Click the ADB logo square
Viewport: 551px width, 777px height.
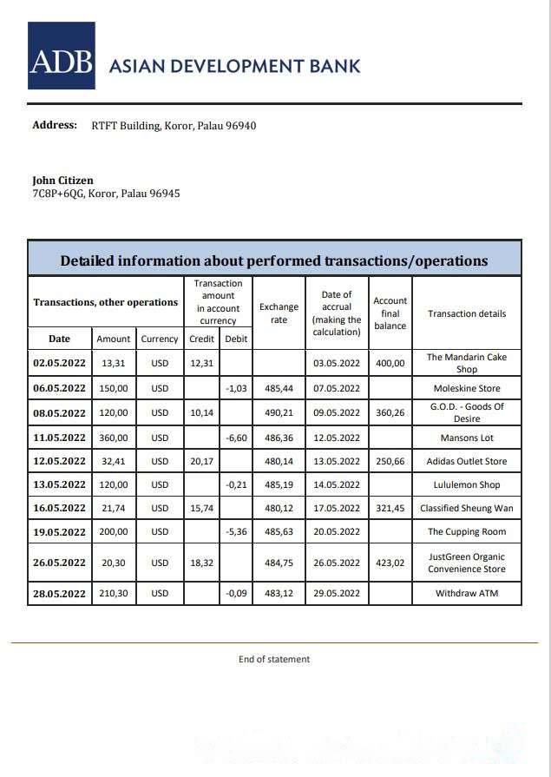click(61, 56)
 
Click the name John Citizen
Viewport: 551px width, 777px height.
click(62, 181)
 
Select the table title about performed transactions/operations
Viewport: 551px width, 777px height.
click(274, 260)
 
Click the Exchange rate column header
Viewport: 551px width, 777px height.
click(279, 313)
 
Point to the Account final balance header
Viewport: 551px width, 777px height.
click(390, 313)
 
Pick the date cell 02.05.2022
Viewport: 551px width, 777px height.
click(60, 363)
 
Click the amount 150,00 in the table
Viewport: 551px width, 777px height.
click(114, 389)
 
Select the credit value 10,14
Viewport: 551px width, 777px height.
click(201, 413)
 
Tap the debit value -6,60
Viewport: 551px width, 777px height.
click(236, 438)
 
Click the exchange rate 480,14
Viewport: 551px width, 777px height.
click(279, 462)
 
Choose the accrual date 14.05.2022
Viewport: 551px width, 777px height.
click(337, 485)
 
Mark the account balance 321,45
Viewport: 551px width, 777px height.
click(390, 509)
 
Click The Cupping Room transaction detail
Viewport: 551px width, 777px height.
click(467, 532)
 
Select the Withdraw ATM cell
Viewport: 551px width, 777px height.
click(467, 594)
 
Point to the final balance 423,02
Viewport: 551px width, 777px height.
click(390, 563)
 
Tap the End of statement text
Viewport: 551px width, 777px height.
click(274, 659)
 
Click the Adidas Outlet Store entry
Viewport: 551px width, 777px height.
click(467, 462)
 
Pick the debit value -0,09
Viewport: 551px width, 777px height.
click(236, 594)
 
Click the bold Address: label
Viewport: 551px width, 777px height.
click(55, 125)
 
